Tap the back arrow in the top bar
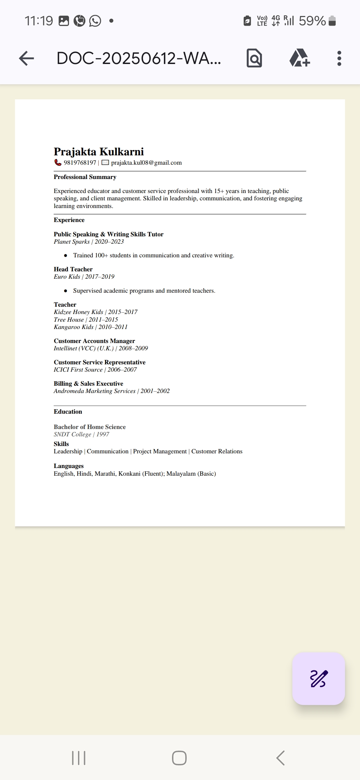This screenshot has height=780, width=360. click(27, 58)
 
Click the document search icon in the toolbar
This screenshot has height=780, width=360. click(254, 58)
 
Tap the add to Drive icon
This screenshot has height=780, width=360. click(299, 58)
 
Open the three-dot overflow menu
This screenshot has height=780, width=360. click(339, 58)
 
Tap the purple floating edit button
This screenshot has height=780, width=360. click(318, 678)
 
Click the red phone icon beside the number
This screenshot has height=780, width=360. click(58, 162)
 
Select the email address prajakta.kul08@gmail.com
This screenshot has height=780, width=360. click(146, 163)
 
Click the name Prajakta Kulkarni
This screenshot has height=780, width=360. click(99, 152)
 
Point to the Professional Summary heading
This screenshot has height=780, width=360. click(85, 177)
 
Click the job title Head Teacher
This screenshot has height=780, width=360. click(73, 269)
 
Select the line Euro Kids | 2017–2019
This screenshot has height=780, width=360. click(84, 277)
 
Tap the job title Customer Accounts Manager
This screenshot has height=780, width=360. click(94, 341)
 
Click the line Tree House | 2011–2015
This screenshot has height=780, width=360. click(86, 319)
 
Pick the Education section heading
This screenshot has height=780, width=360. click(68, 412)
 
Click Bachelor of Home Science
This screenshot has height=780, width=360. click(90, 427)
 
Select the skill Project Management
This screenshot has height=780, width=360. click(160, 451)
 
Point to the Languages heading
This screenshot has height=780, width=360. click(69, 466)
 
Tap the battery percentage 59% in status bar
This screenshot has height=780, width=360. click(312, 21)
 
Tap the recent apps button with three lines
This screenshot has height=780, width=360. click(79, 758)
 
